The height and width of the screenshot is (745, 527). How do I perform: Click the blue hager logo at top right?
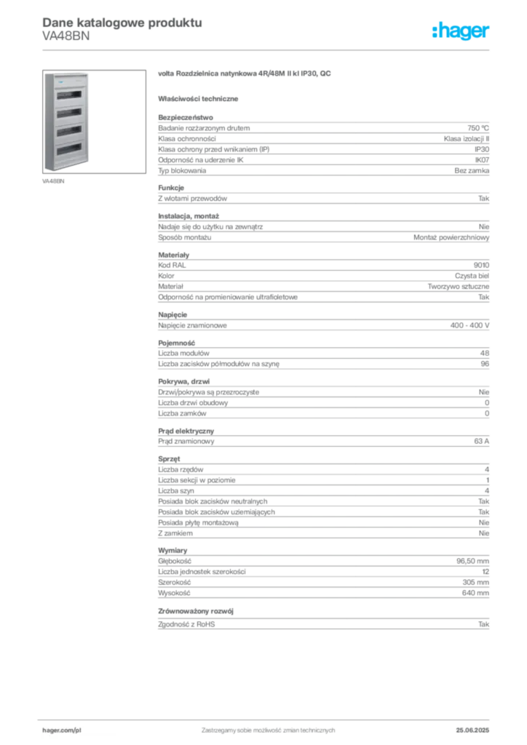462,32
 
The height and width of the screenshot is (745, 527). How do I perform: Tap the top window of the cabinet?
68,96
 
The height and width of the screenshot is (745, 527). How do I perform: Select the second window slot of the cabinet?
68,114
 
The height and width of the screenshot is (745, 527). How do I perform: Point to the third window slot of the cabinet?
68,132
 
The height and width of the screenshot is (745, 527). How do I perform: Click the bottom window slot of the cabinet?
68,150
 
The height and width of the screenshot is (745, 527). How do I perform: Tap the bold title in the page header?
121,22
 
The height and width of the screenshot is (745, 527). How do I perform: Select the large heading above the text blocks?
245,74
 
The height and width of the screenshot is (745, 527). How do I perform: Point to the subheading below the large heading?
200,98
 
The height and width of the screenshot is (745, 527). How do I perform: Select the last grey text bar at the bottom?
323,626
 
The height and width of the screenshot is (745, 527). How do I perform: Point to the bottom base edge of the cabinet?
68,169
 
